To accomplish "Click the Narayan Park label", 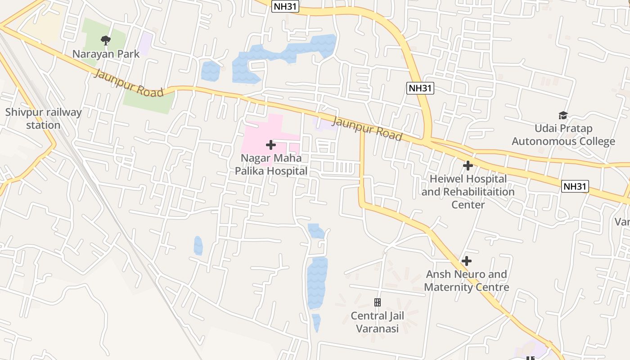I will pyautogui.click(x=106, y=54).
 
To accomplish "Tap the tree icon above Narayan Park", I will pyautogui.click(x=106, y=40).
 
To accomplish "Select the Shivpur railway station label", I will pyautogui.click(x=43, y=119).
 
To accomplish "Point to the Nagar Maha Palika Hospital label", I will pyautogui.click(x=271, y=165).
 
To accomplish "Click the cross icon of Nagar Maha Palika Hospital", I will pyautogui.click(x=271, y=145).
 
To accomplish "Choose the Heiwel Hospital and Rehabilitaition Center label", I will pyautogui.click(x=468, y=192).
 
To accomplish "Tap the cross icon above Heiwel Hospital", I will pyautogui.click(x=468, y=166).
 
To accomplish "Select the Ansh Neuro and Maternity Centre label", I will pyautogui.click(x=467, y=281).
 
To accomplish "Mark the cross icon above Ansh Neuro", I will pyautogui.click(x=467, y=261).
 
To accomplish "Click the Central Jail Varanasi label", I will pyautogui.click(x=378, y=322).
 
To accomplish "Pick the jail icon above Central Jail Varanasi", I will pyautogui.click(x=378, y=302).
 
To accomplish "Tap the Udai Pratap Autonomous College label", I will pyautogui.click(x=563, y=135).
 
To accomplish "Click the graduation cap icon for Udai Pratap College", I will pyautogui.click(x=563, y=116).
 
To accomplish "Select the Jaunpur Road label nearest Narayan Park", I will pyautogui.click(x=128, y=84).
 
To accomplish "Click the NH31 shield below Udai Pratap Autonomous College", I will pyautogui.click(x=575, y=186).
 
